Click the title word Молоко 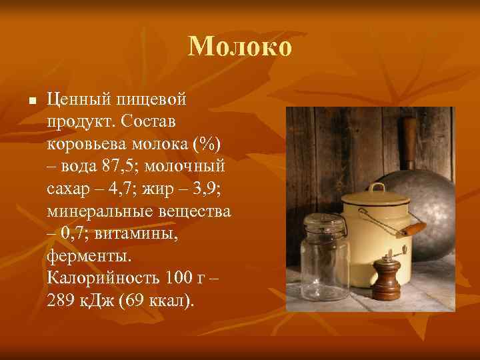click(240, 47)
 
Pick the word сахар click(69, 189)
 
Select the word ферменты click(90, 256)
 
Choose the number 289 click(62, 301)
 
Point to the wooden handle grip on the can click(411, 229)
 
